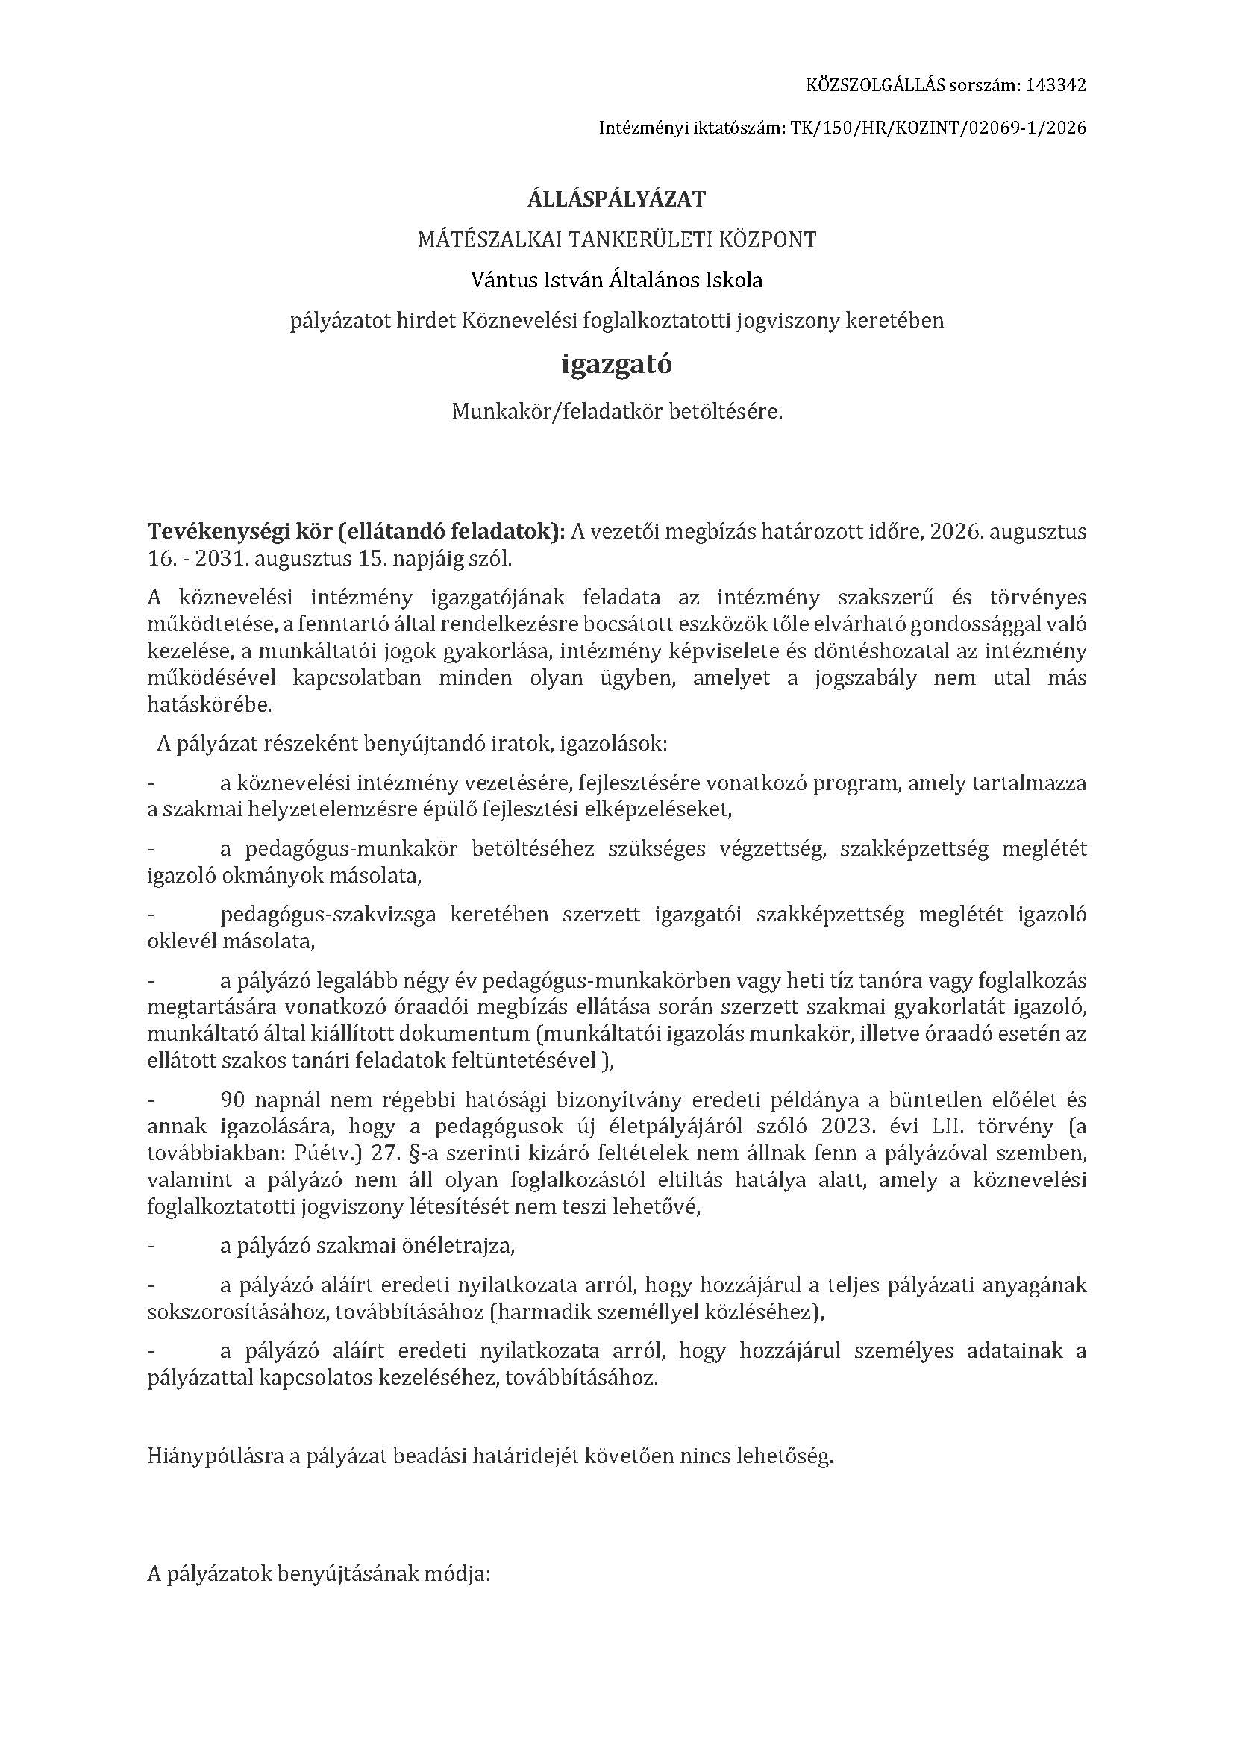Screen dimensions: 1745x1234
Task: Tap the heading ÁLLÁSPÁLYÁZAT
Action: (x=616, y=199)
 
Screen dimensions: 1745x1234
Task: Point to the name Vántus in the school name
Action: (x=503, y=281)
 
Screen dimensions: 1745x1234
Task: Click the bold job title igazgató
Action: (x=616, y=365)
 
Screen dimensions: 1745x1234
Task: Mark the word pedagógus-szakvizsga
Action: (x=328, y=915)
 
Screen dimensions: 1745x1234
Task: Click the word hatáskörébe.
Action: (x=209, y=704)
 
